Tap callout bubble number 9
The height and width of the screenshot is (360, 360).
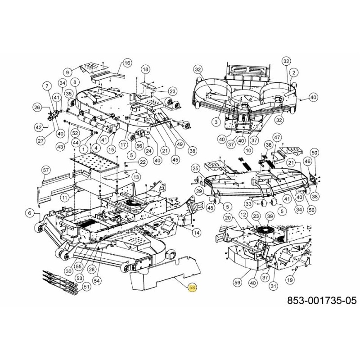point(68,72)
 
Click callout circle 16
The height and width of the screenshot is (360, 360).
point(127,63)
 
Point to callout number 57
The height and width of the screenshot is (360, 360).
point(45,170)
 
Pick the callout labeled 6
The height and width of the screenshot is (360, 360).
point(30,213)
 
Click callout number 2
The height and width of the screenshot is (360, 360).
point(293,72)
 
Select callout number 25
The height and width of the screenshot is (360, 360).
point(195,168)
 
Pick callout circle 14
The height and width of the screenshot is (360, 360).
point(197,233)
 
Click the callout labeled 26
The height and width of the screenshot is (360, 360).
point(37,107)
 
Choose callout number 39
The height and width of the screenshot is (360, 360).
point(270,216)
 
